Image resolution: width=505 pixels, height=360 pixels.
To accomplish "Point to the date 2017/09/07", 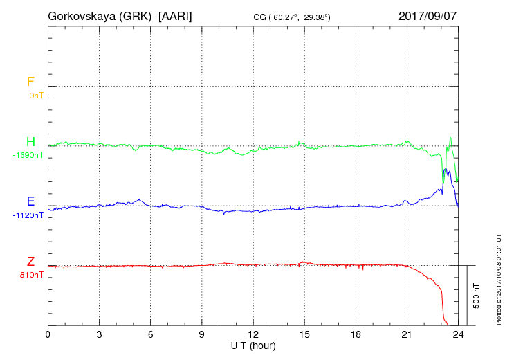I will coord(428,15).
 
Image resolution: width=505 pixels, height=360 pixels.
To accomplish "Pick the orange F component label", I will coord(30,82).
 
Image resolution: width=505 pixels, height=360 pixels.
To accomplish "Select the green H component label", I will coord(30,142).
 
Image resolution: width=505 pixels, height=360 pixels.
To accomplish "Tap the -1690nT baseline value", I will coord(28,155).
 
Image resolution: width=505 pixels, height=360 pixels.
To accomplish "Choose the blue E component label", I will coord(30,201).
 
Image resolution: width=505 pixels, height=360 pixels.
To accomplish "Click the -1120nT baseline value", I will coord(28,215).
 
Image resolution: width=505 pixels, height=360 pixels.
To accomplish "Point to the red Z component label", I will coord(30,262).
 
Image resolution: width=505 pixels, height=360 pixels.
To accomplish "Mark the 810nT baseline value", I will coord(31,275).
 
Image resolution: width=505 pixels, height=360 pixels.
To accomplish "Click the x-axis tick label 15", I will coord(304,335).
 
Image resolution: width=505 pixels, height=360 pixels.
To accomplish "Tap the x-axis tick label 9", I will coord(202,335).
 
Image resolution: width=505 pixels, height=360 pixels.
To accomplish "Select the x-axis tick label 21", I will coord(407,335).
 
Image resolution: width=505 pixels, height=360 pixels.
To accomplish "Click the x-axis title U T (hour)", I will coord(253,345).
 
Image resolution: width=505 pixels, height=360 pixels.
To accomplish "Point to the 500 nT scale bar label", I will coord(476,295).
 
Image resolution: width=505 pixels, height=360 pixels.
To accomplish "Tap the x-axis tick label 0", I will coord(48,335).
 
